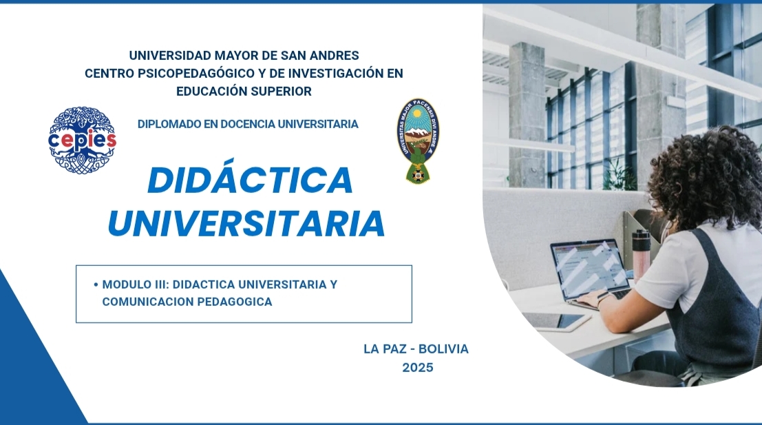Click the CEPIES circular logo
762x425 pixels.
tap(82, 141)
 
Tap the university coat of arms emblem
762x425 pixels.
tap(418, 141)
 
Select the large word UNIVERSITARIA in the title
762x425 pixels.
tap(246, 224)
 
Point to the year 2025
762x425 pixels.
tap(418, 368)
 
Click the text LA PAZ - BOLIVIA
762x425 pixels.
tap(416, 349)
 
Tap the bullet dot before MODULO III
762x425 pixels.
tap(96, 284)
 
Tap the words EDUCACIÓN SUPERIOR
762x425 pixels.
tap(244, 92)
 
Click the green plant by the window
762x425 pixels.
tap(619, 174)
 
